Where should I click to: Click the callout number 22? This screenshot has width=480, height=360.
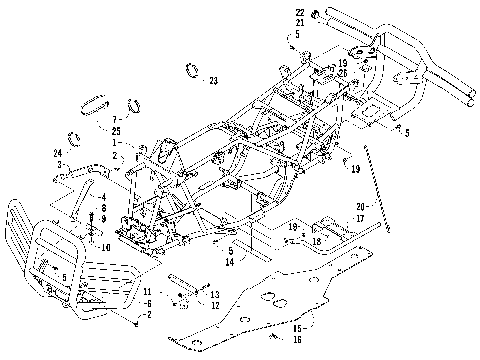point(298,12)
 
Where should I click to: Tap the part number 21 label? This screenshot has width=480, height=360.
point(298,22)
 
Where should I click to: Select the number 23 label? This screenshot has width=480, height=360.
point(212,81)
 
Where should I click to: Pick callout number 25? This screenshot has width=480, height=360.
point(116,131)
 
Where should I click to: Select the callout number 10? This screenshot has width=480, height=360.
point(106,246)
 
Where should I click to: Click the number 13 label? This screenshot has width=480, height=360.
point(214,294)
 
